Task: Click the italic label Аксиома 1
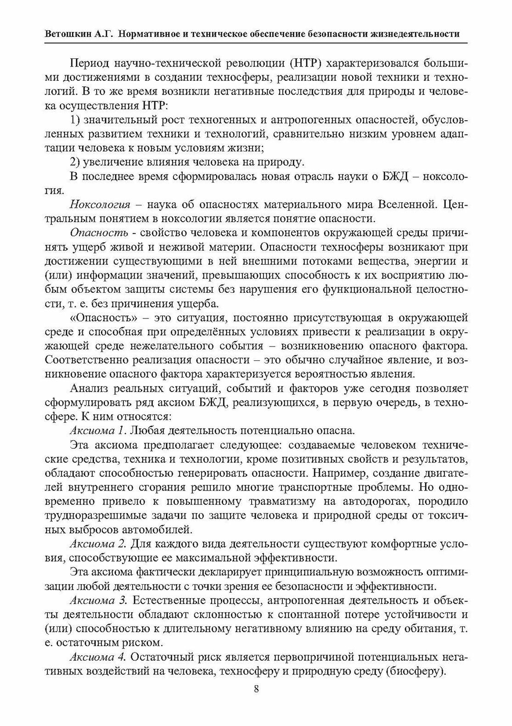pos(97,431)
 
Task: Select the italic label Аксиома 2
pos(98,544)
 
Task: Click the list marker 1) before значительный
pos(75,120)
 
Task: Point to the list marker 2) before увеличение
pos(75,162)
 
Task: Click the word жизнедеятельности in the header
pos(415,34)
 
